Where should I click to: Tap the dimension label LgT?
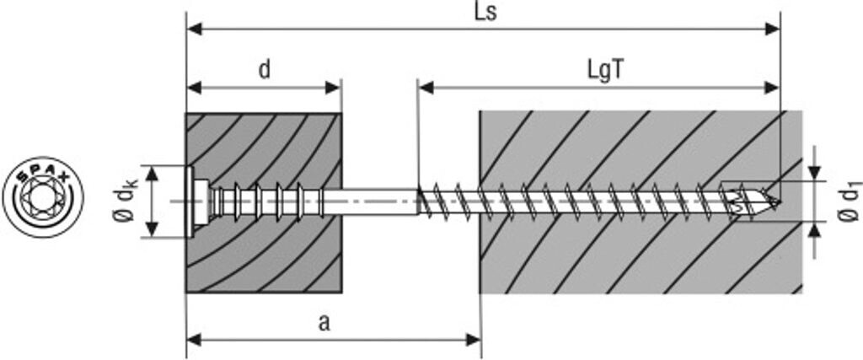coord(606,72)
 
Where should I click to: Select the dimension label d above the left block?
coord(265,71)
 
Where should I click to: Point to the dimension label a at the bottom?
coord(324,324)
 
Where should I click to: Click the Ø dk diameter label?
coord(126,201)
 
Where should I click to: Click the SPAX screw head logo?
coord(43,196)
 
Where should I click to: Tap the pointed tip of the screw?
coord(779,202)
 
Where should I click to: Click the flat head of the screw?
coord(190,201)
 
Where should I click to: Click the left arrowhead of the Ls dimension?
coord(195,30)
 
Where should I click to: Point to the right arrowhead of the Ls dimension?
coord(773,30)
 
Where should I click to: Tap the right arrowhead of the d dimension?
coord(334,88)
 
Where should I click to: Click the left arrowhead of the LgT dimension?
coord(426,88)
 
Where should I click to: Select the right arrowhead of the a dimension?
coord(474,340)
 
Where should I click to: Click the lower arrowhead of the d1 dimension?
coord(815,230)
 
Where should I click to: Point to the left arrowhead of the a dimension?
coord(195,340)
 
